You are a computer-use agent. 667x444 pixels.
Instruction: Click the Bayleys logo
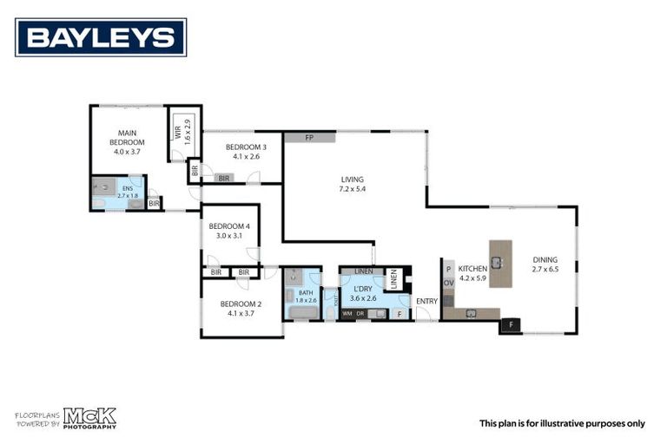[101, 37]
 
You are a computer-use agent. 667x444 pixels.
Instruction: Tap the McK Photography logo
[88, 418]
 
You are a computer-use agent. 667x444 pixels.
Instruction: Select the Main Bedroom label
[126, 141]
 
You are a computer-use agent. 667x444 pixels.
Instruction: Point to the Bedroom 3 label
[246, 151]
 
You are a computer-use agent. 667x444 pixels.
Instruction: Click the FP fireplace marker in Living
[309, 138]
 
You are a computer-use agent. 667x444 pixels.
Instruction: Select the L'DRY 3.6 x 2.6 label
[364, 294]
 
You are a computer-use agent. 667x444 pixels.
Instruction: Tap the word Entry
[426, 301]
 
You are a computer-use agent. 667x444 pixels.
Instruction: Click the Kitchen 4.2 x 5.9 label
[474, 274]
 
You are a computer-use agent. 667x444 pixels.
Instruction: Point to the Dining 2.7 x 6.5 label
[545, 264]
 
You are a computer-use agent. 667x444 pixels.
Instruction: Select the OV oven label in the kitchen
[449, 283]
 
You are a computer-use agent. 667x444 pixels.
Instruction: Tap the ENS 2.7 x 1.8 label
[128, 192]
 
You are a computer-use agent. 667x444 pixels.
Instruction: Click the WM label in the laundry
[347, 313]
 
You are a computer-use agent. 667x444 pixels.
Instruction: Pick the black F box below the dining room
[511, 326]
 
